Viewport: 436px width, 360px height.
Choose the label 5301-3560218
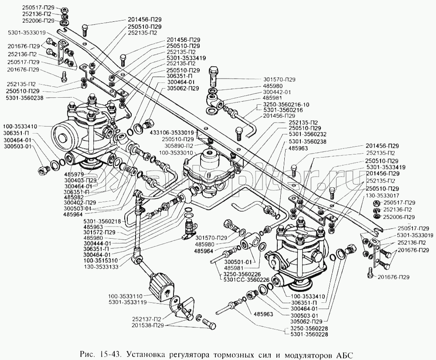point(102,222)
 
